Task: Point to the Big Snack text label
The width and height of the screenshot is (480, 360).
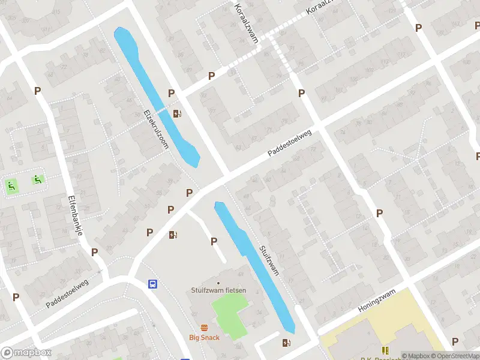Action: pos(205,337)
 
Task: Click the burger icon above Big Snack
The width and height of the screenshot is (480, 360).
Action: pos(205,328)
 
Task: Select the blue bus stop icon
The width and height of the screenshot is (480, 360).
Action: pos(153,284)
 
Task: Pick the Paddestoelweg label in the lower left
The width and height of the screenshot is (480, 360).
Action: pos(67,293)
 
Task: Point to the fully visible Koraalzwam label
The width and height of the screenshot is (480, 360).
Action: pos(247,22)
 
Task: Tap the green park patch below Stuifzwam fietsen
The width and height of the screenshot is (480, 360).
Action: pos(228,312)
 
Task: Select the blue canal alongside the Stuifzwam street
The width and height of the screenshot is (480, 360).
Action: pos(255,267)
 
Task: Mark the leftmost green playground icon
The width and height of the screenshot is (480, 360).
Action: pos(11,186)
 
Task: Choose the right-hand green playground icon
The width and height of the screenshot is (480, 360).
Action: pos(37,179)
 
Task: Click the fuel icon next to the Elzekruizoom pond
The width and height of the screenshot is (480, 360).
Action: pos(177,113)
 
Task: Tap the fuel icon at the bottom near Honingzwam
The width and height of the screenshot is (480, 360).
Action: pos(286,343)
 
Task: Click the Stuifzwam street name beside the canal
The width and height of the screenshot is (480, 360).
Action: pos(269,260)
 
